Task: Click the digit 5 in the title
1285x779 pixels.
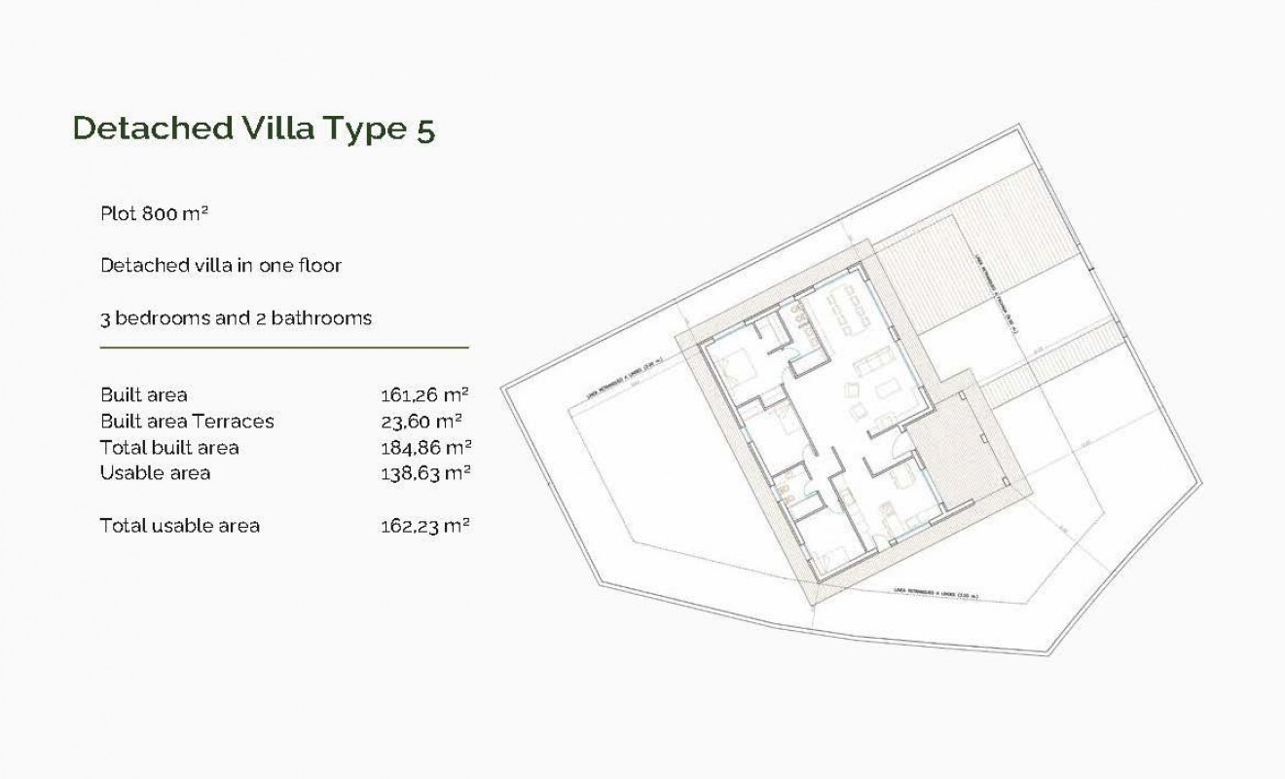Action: click(424, 130)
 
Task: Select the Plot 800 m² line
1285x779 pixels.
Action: click(155, 213)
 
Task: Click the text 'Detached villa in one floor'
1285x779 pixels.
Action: click(221, 265)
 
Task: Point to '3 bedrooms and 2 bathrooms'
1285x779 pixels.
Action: click(236, 317)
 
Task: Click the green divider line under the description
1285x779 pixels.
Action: click(284, 347)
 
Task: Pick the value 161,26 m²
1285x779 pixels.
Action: click(424, 395)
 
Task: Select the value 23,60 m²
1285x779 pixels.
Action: click(421, 422)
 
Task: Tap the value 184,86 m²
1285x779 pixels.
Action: click(424, 448)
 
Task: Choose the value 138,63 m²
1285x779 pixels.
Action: click(424, 473)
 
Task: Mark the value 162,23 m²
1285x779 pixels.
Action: click(424, 526)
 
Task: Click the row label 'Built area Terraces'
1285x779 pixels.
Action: click(187, 422)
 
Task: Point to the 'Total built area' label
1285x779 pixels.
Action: click(169, 448)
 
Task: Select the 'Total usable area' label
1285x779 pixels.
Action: click(180, 526)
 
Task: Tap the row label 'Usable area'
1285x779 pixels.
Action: click(155, 473)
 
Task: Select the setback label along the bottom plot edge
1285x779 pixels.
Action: click(935, 595)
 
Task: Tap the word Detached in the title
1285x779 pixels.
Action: click(150, 130)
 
